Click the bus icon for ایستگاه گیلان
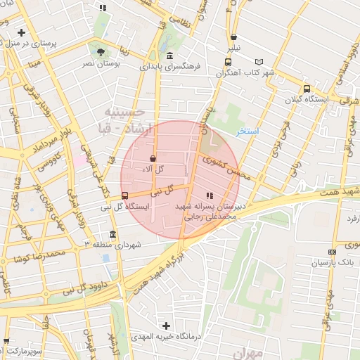(x=306, y=89)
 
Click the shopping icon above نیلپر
(x=233, y=38)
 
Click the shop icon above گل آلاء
(x=153, y=159)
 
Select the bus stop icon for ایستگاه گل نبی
(x=124, y=195)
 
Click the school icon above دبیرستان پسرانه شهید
(x=208, y=195)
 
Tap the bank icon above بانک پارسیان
(x=331, y=252)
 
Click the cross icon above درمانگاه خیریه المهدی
(x=166, y=326)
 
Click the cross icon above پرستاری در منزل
(x=22, y=32)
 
